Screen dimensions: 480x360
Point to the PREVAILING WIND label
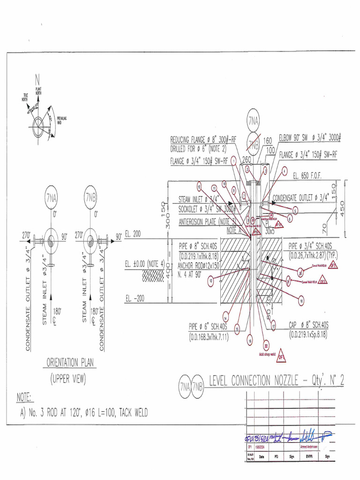pyautogui.click(x=62, y=120)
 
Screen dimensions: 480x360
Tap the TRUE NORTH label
pyautogui.click(x=25, y=97)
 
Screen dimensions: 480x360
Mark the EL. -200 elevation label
pyautogui.click(x=135, y=297)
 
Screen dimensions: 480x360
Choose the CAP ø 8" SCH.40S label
pyautogui.click(x=308, y=325)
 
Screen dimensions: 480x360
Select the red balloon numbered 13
pyautogui.click(x=210, y=281)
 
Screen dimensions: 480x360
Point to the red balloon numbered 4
pyautogui.click(x=284, y=172)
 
